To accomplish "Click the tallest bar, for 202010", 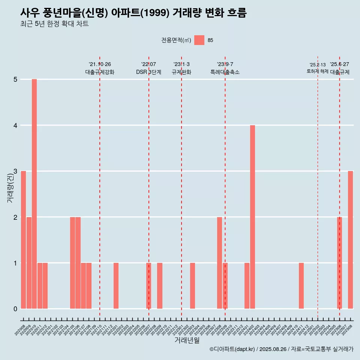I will (x=34, y=194).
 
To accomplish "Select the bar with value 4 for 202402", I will (x=252, y=217).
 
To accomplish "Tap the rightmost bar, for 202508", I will (x=350, y=240).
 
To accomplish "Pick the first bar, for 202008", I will (x=23, y=240).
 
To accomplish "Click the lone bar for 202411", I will (x=301, y=286).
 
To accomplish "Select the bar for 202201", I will (x=116, y=286).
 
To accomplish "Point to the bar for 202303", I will (x=192, y=286).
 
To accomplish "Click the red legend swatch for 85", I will (x=199, y=40).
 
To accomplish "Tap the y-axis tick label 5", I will (x=15, y=79).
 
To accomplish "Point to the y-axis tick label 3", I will (x=15, y=171).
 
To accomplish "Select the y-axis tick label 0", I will (x=15, y=309).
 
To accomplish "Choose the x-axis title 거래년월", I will (x=187, y=340).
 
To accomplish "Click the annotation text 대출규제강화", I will (x=100, y=72).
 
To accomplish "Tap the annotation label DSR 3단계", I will (x=148, y=72).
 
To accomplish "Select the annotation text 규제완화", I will (x=181, y=72).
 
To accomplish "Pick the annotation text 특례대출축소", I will (x=225, y=72).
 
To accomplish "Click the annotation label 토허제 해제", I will (x=317, y=71).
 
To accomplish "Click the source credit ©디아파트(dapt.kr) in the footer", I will (x=232, y=349).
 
